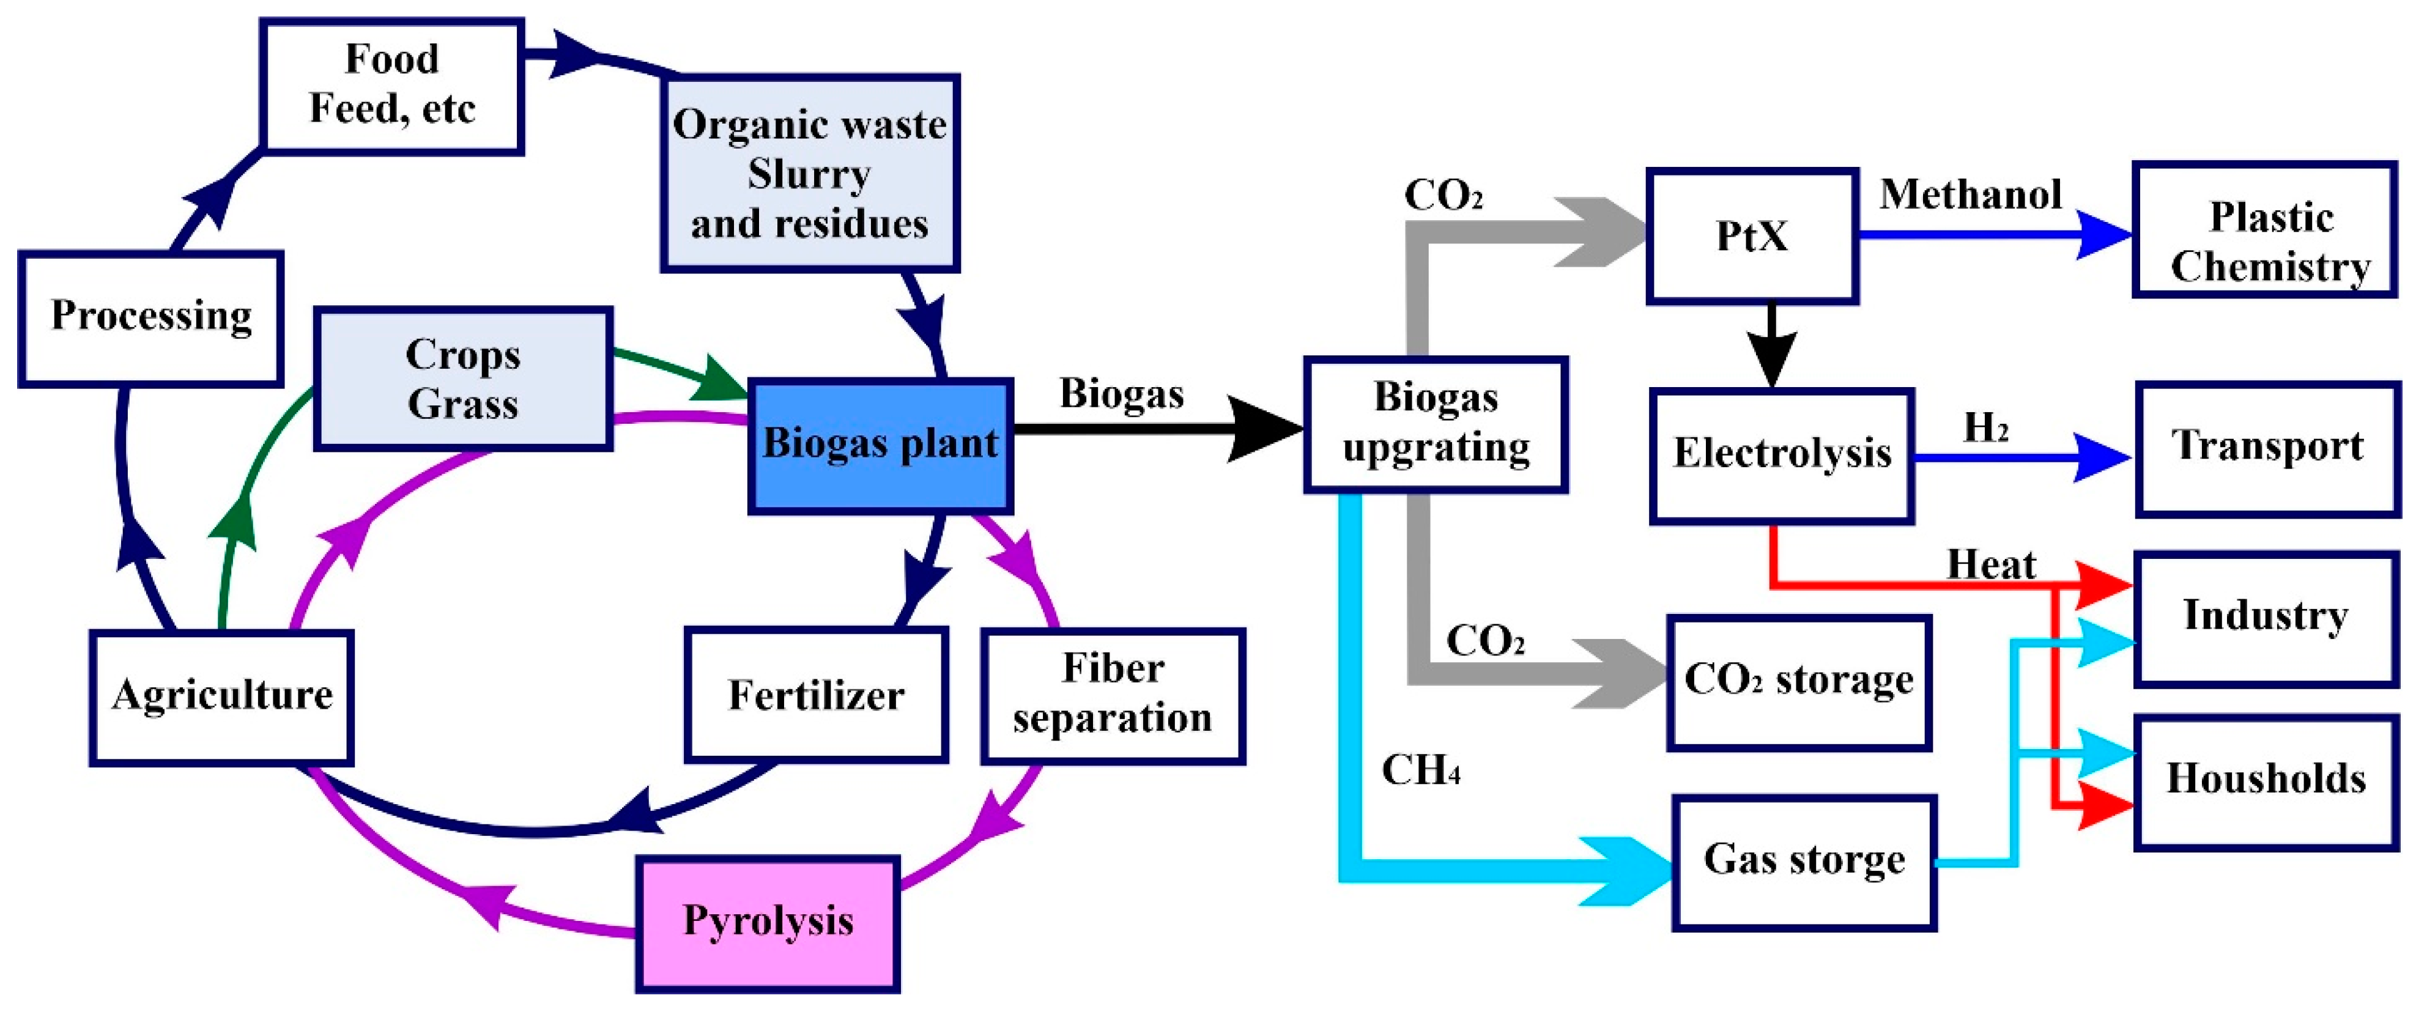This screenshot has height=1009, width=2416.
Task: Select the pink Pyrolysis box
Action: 767,923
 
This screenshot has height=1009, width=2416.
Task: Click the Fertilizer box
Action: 816,694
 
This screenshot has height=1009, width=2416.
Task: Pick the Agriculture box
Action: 221,697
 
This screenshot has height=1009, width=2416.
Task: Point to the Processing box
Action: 151,318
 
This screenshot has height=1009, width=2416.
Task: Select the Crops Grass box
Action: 463,379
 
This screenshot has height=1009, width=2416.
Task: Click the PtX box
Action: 1752,236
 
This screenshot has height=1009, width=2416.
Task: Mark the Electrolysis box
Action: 1781,455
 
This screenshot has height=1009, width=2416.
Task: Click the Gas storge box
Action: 1804,862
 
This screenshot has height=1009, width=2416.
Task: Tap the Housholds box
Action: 2266,781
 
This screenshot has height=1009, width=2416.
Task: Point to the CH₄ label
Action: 1420,771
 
